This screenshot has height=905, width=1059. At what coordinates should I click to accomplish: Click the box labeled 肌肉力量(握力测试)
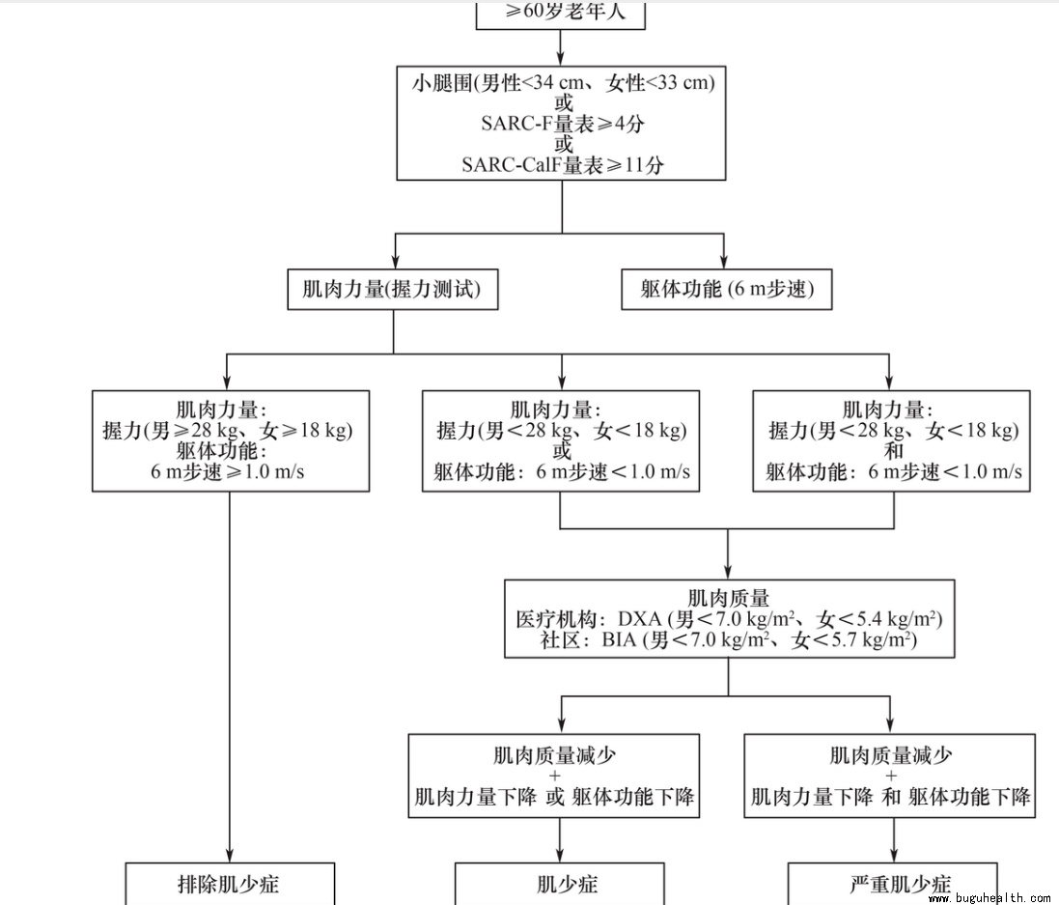[393, 290]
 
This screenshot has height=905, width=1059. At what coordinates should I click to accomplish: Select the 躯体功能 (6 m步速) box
[726, 290]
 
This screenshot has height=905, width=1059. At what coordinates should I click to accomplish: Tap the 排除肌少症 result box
[230, 883]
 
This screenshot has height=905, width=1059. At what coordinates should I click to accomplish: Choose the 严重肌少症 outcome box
[893, 884]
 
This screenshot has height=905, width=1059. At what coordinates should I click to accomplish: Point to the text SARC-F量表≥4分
[562, 124]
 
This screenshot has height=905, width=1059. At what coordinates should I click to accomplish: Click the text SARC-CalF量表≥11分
[562, 164]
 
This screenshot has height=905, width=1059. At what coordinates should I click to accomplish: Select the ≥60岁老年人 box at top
[561, 14]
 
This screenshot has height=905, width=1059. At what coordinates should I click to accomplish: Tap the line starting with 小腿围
[562, 83]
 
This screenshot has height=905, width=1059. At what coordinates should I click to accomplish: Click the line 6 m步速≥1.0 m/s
[230, 471]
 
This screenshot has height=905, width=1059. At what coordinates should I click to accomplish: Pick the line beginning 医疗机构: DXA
[729, 619]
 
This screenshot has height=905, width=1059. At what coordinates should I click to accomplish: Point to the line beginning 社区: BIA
[729, 639]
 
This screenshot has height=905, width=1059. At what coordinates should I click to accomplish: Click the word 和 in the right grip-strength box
[893, 451]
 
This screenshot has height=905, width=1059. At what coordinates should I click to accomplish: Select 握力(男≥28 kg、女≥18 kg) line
[230, 431]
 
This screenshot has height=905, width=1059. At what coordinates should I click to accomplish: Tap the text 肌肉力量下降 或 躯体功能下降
[554, 797]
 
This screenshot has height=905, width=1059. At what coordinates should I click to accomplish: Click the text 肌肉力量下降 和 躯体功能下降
[890, 797]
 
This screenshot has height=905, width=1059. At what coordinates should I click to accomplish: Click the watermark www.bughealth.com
[989, 898]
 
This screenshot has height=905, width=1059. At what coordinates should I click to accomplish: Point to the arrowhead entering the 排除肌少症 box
[230, 856]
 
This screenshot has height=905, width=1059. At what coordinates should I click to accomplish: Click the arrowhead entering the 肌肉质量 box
[728, 572]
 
